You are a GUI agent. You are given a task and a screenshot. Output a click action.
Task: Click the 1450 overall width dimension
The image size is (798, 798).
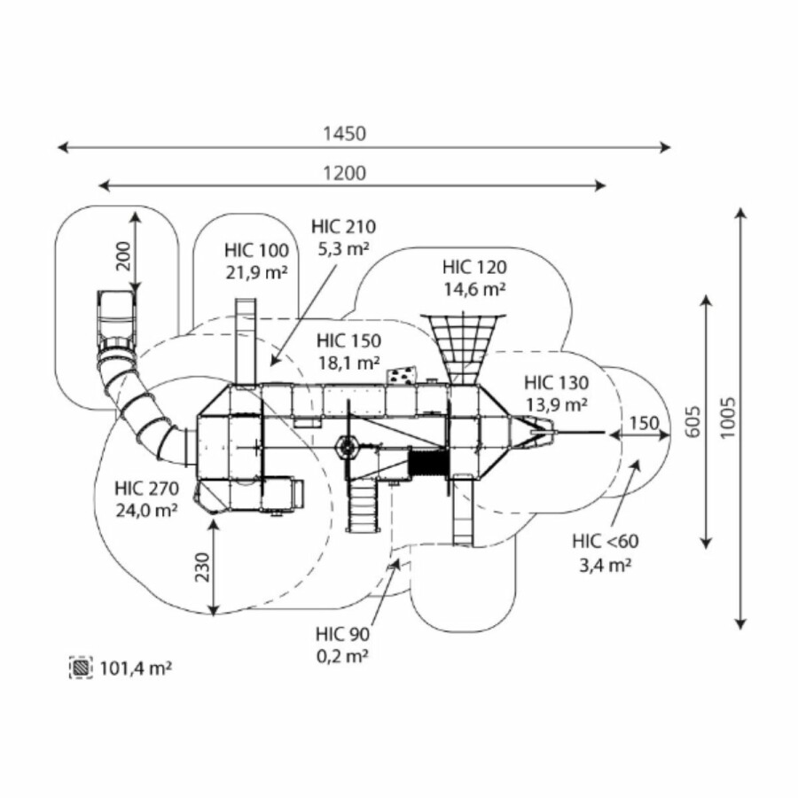344,134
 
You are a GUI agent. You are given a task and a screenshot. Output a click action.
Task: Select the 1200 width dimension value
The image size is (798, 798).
344,173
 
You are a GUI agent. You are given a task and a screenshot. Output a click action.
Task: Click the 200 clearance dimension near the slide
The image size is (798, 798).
123,255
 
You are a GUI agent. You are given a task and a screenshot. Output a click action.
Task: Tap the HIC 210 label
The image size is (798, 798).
341,228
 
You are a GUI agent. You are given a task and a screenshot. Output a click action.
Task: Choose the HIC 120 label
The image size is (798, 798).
474,266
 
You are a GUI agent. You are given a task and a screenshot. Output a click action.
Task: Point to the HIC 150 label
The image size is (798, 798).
348,340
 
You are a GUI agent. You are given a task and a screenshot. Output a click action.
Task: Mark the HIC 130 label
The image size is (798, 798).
555,383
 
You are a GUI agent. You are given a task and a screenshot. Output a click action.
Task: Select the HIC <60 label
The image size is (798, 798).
605,541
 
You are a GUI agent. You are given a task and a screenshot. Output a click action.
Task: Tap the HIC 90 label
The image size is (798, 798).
342,634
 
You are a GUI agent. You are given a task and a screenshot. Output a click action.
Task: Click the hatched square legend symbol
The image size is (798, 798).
82,667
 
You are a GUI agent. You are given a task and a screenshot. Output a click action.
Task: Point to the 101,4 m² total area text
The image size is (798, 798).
136,667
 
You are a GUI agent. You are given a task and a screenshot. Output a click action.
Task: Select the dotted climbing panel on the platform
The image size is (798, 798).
401,375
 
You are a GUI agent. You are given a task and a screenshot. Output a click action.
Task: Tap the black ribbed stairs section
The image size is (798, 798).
425,464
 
